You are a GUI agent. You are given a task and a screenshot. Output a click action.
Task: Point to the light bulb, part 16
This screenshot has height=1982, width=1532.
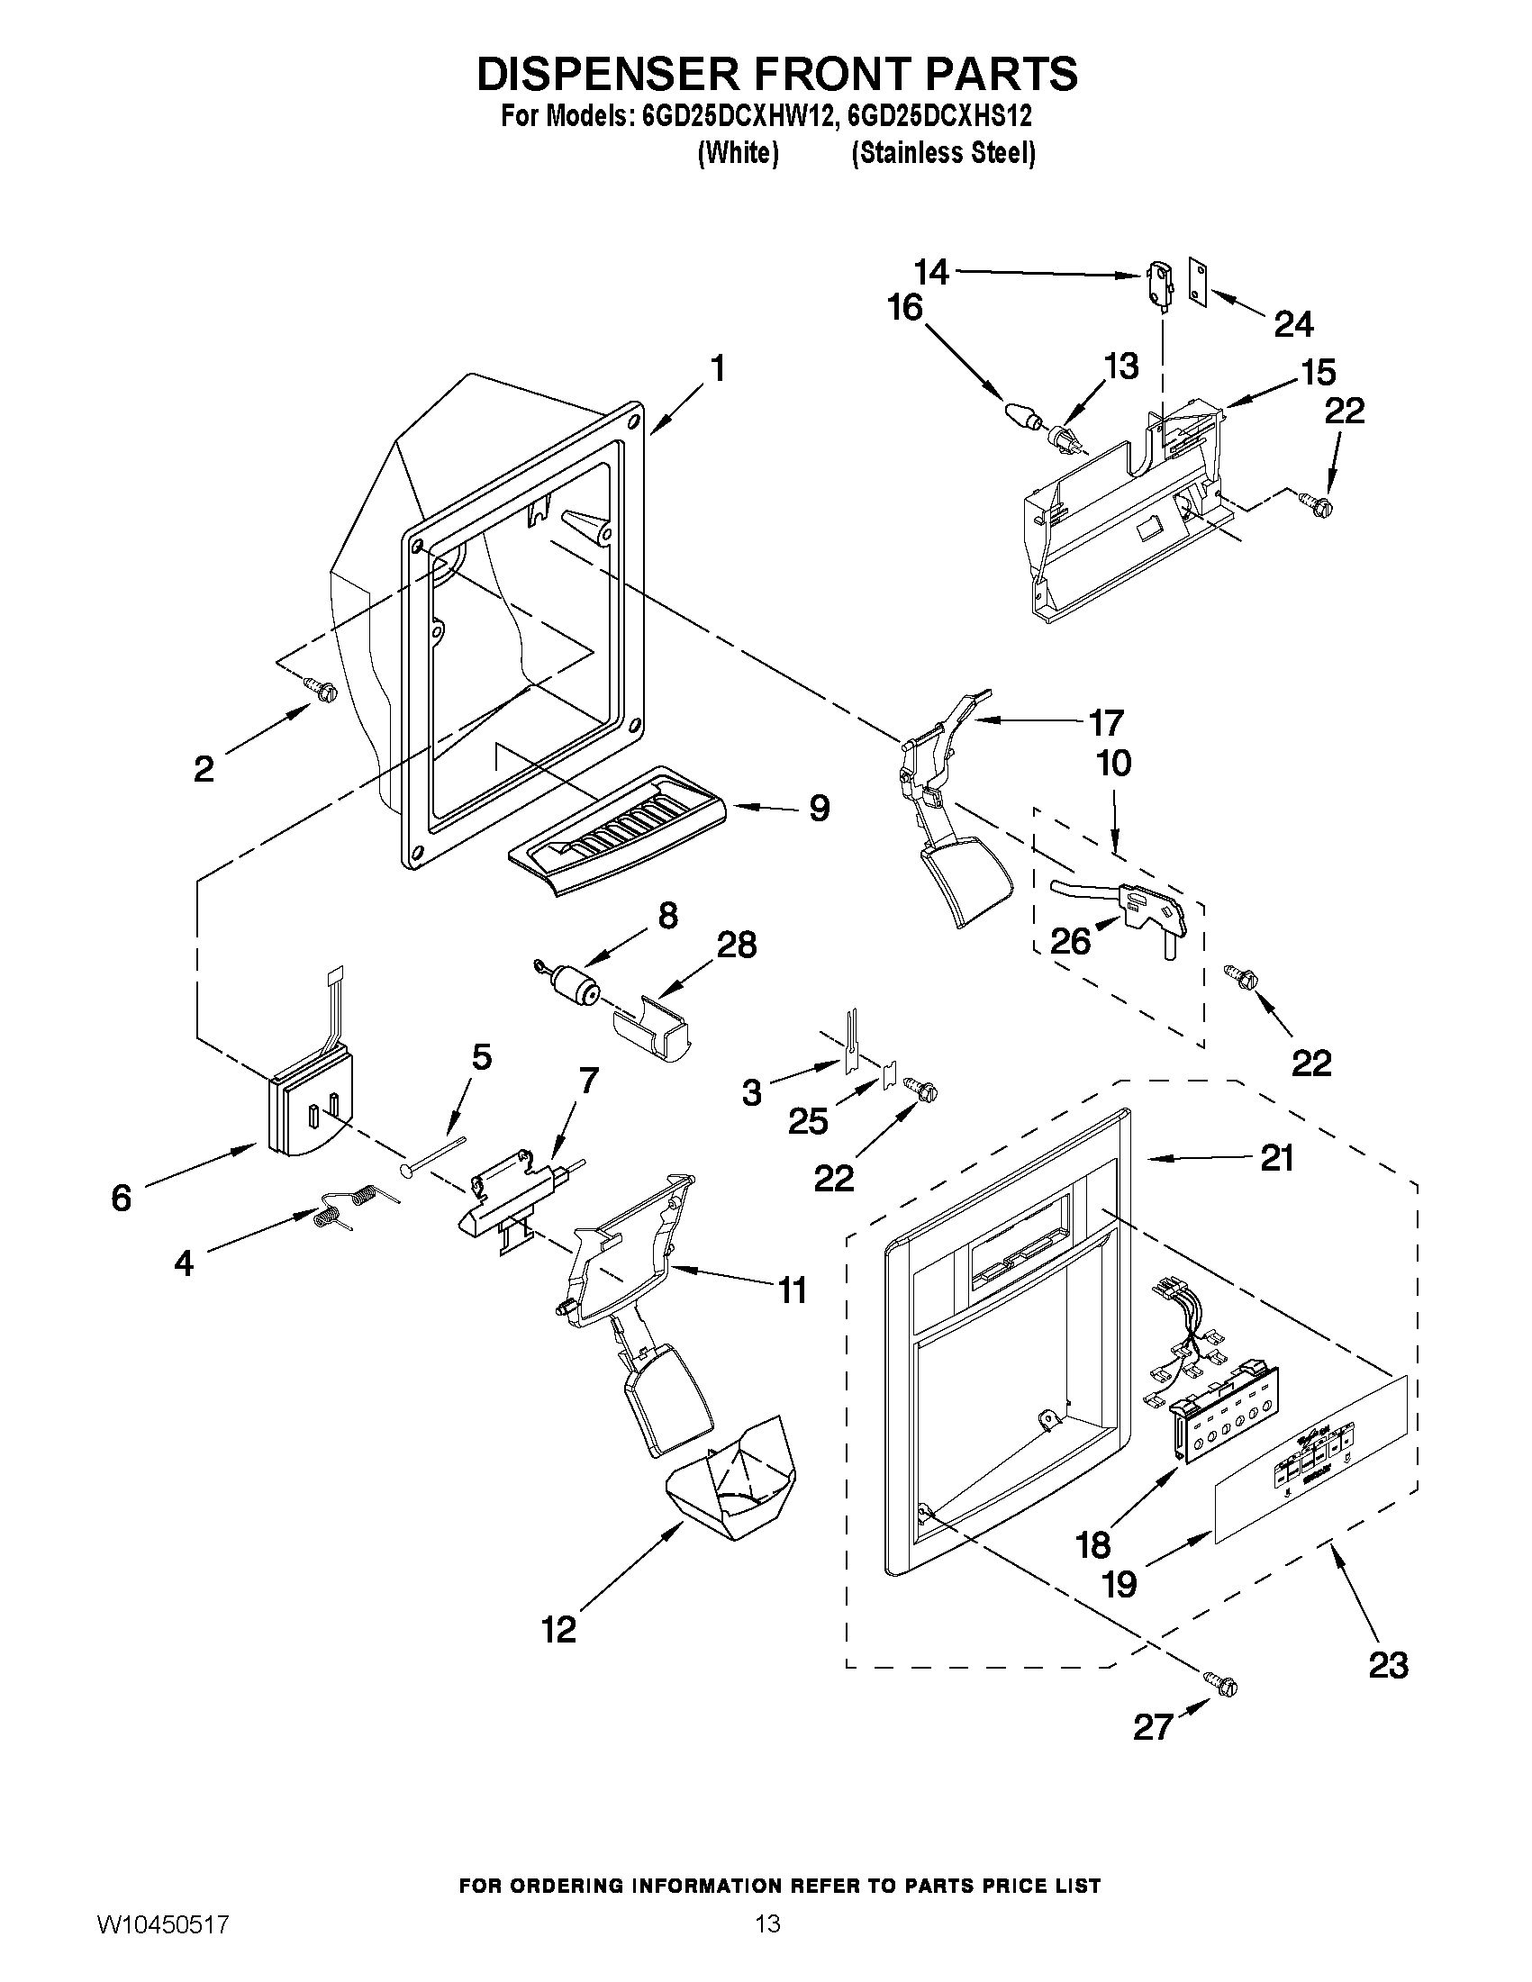coord(1023,415)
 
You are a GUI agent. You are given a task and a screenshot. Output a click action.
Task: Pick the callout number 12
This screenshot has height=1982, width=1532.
coord(559,1630)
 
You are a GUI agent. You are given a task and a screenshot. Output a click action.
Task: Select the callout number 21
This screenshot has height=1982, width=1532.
coord(1276,1159)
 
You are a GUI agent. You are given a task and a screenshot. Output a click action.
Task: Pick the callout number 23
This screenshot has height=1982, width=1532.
coord(1388,1664)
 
